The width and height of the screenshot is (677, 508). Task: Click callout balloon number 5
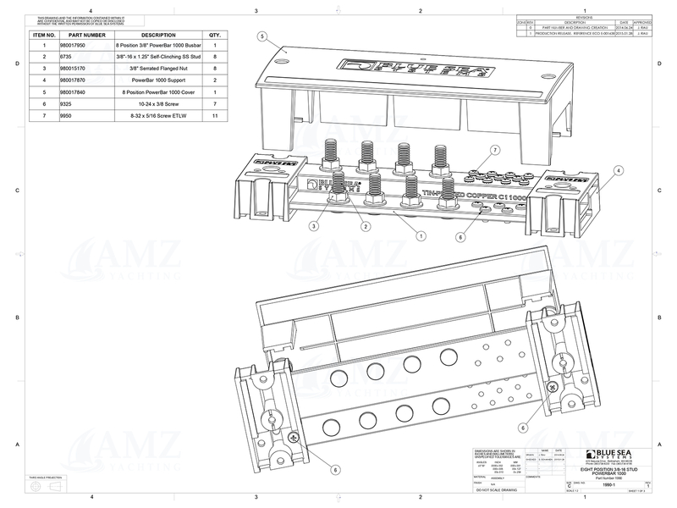point(263,37)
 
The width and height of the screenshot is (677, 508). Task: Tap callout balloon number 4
point(619,170)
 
